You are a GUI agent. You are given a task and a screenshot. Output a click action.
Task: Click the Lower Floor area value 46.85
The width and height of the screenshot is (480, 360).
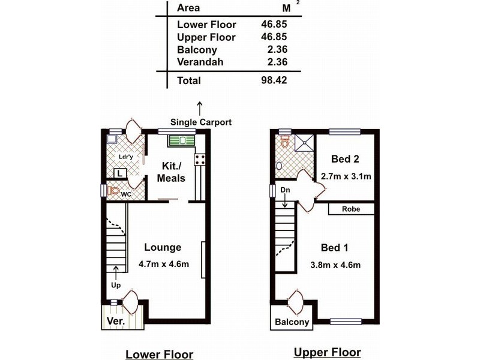coord(274,24)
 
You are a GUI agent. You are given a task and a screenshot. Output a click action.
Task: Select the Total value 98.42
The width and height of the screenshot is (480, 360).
coord(274,80)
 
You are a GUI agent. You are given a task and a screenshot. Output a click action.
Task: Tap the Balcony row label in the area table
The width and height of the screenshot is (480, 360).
coord(197,50)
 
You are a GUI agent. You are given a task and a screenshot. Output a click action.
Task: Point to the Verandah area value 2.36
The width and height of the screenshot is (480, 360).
coord(277,62)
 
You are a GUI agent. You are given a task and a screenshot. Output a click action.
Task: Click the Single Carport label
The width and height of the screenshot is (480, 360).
coord(201,122)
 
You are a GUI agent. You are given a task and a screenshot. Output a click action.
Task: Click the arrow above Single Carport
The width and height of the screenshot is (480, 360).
coord(200,109)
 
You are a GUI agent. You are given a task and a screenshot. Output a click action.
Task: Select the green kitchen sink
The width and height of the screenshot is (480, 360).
coord(182,140)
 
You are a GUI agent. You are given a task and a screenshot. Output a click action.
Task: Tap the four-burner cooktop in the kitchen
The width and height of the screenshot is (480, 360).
coord(200,160)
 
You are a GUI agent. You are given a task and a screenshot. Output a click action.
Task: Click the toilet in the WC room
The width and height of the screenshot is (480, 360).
coord(113,191)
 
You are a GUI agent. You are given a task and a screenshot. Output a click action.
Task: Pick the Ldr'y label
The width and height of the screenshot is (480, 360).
coord(126,157)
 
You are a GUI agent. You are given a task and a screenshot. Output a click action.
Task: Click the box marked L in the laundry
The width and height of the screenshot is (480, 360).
coord(120,173)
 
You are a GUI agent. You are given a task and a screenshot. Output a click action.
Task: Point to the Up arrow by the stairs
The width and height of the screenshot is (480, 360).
coord(116,273)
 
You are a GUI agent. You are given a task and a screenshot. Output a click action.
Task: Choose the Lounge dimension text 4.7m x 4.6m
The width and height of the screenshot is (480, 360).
coord(164,263)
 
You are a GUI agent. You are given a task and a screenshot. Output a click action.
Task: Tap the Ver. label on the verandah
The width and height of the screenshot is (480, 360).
coord(116,321)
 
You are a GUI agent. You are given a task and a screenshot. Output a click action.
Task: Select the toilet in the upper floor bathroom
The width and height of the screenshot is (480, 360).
coord(285,142)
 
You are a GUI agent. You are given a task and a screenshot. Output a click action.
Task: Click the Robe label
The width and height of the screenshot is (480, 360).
coord(351,209)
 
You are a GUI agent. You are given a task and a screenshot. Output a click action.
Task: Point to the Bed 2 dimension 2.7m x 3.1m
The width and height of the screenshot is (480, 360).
coord(346,176)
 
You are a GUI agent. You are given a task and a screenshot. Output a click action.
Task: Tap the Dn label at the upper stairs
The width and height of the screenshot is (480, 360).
coord(285,190)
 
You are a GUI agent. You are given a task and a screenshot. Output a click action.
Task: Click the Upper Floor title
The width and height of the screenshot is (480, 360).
coord(327,352)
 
